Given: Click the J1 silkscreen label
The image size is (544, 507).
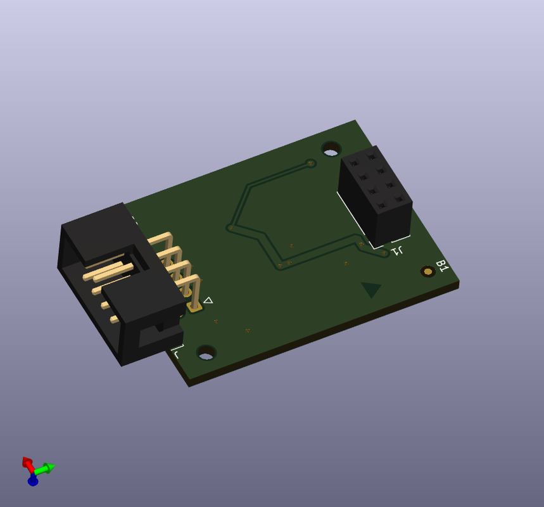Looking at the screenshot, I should click(398, 251).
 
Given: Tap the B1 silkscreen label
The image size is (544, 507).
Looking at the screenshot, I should click(442, 266).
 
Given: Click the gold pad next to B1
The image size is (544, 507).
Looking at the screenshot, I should click(428, 271).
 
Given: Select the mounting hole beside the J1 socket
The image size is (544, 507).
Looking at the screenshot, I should click(331, 149).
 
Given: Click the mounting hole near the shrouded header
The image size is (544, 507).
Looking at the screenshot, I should click(206, 352).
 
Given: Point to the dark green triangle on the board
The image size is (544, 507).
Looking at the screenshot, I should click(370, 289).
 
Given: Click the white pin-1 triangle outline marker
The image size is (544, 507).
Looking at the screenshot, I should click(208, 301).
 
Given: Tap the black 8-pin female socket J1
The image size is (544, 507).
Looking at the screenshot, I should click(376, 196).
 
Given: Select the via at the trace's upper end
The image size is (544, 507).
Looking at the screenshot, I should click(310, 164).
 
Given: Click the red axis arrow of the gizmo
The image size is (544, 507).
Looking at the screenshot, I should click(27, 462).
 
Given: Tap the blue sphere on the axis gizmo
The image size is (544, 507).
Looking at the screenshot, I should click(33, 481).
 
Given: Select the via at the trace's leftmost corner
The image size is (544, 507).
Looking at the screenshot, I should click(231, 227).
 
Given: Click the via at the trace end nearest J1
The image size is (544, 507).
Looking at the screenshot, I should click(384, 253).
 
